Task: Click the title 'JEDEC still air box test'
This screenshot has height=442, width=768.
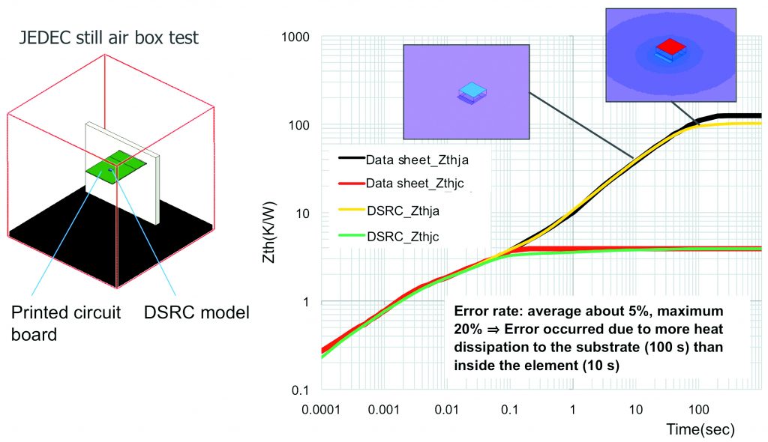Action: [x=109, y=37]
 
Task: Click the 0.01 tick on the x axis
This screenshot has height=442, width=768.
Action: [x=446, y=410]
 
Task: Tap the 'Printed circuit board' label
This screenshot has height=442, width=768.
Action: [x=66, y=322]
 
